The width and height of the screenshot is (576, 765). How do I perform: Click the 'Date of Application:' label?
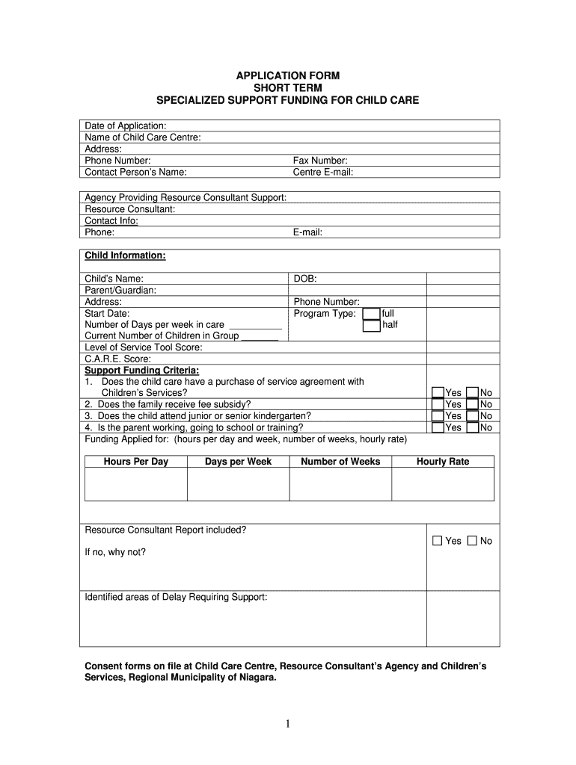[126, 126]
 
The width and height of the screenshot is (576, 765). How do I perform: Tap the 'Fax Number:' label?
[320, 161]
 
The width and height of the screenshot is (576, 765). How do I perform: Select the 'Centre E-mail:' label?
[323, 172]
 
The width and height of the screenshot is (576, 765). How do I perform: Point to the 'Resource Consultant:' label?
[130, 209]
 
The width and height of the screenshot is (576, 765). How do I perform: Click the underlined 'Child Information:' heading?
[125, 255]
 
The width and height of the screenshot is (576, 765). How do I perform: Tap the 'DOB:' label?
[305, 279]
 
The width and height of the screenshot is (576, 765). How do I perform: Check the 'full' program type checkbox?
[371, 314]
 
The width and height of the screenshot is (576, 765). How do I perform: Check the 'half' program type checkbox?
[371, 326]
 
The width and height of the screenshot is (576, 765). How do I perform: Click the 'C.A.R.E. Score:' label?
[117, 359]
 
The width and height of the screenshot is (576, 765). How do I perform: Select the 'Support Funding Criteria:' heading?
[142, 370]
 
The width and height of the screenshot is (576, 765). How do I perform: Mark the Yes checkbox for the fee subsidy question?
[438, 404]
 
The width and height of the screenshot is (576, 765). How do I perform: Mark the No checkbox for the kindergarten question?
[472, 416]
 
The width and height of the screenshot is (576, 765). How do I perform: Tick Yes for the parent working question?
[438, 427]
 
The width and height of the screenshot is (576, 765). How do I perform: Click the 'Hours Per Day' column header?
[136, 462]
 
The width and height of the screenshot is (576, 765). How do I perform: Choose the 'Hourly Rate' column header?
[443, 462]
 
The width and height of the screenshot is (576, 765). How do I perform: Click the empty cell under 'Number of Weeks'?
[340, 484]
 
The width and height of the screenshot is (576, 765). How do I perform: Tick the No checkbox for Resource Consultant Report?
[472, 541]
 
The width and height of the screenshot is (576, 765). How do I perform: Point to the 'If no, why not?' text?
[115, 552]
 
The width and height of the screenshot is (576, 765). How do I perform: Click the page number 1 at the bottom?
[288, 723]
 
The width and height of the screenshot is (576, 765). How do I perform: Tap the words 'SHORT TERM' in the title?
[288, 87]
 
